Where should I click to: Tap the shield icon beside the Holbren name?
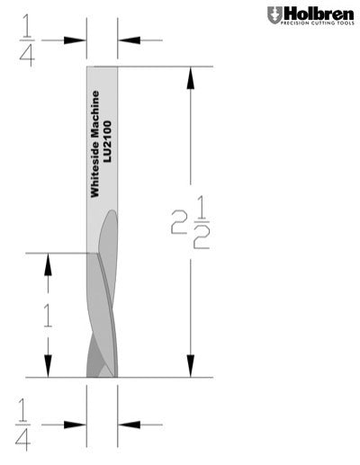pyautogui.click(x=274, y=15)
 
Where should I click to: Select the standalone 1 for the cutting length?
pyautogui.click(x=48, y=314)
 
